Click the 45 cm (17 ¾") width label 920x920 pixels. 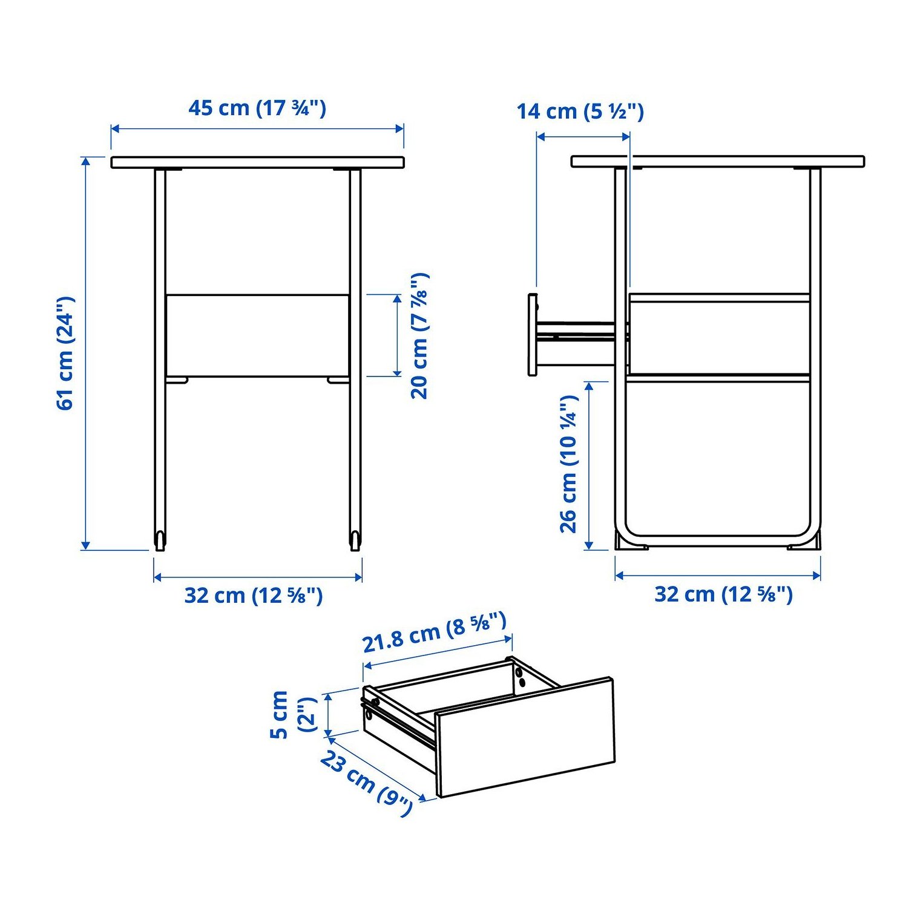click(257, 108)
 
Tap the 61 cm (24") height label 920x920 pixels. click(65, 353)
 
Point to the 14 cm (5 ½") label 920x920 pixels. click(580, 111)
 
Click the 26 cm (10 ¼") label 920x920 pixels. click(569, 464)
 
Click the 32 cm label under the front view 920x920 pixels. click(254, 596)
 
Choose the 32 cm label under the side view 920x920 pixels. click(723, 594)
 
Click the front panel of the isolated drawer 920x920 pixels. click(525, 737)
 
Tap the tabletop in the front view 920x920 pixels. click(257, 162)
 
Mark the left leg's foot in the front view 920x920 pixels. click(160, 540)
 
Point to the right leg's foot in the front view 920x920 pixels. click(355, 540)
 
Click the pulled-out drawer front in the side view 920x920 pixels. click(533, 335)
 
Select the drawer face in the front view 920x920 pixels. click(257, 335)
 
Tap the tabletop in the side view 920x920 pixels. click(718, 162)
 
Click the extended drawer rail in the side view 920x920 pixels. click(577, 332)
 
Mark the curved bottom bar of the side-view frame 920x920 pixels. click(718, 536)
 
